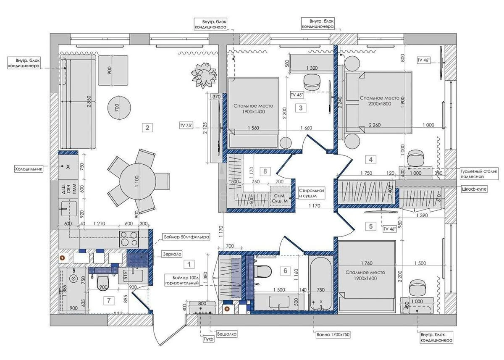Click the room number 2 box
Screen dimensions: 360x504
click(147, 128)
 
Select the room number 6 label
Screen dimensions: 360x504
click(285, 271)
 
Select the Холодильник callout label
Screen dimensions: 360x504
click(29, 169)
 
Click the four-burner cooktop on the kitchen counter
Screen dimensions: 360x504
click(129, 239)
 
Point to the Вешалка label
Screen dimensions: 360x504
click(226, 334)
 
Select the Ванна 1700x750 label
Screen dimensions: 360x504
click(333, 335)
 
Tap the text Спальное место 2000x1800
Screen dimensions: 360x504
click(378, 101)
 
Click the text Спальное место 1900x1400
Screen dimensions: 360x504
click(253, 109)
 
